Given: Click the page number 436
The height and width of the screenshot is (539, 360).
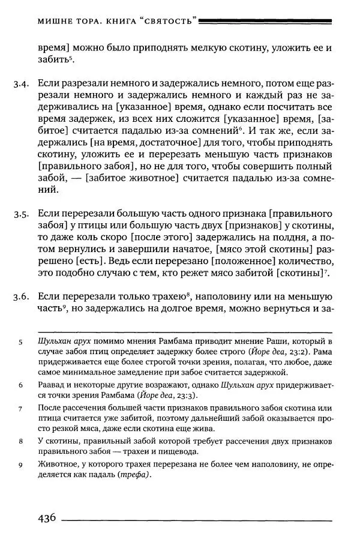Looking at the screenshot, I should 47,517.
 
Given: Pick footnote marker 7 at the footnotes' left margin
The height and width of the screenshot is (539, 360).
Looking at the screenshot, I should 20,408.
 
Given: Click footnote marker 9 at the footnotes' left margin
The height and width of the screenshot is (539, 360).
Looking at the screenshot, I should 20,463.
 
